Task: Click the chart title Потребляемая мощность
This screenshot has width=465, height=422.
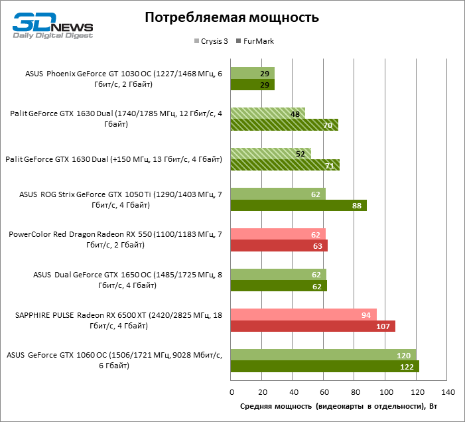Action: coord(232,18)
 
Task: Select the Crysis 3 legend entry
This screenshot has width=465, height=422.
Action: coord(212,41)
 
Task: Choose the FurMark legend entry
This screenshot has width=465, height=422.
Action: coord(255,41)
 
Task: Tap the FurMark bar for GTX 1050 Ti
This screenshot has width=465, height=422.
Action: coord(299,206)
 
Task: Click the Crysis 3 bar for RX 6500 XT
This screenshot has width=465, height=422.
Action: coord(304,314)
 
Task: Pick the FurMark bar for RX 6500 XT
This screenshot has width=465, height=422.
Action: coord(313,326)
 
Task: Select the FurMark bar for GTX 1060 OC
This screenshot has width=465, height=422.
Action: coord(325,366)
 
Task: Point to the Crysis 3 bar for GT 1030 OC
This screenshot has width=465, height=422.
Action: coord(252,72)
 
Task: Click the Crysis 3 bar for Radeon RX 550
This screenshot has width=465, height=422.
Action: coord(278,234)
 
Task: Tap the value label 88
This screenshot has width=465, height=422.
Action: coord(357,206)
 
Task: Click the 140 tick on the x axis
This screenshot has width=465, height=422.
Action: coord(448,391)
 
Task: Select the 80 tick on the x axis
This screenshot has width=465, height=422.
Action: coord(355,391)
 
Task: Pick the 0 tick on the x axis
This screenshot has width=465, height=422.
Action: coord(231,391)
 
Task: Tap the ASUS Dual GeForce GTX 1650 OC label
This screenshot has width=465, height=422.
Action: coord(95,279)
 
